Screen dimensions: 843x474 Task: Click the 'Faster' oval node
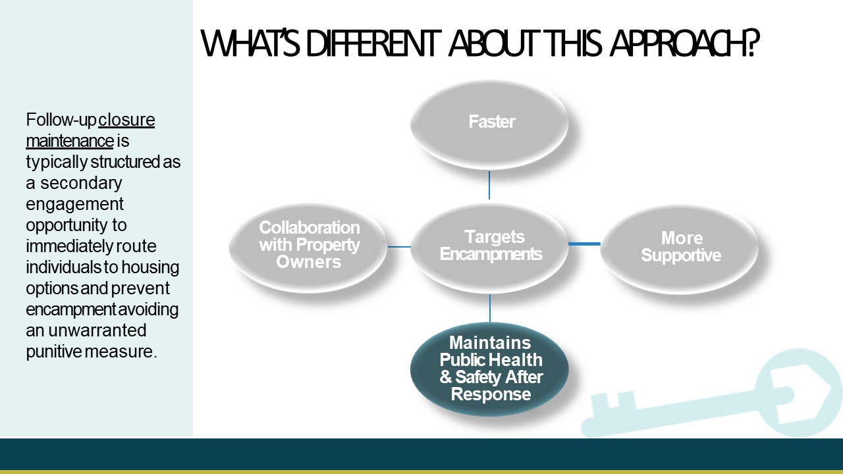pyautogui.click(x=489, y=125)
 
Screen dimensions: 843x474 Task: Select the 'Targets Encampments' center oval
pyautogui.click(x=489, y=248)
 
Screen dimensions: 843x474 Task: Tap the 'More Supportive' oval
pyautogui.click(x=680, y=249)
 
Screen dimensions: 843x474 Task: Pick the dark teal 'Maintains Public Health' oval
pyautogui.click(x=489, y=369)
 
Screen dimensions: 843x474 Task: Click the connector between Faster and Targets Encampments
pyautogui.click(x=489, y=185)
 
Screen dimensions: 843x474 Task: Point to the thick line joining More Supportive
pyautogui.click(x=584, y=244)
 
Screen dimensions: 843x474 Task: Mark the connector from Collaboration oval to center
pyautogui.click(x=399, y=247)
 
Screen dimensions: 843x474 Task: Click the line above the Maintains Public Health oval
pyautogui.click(x=489, y=308)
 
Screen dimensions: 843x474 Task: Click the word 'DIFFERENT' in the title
pyautogui.click(x=373, y=43)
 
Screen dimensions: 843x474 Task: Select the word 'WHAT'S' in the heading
pyautogui.click(x=250, y=43)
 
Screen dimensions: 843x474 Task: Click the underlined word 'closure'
pyautogui.click(x=126, y=120)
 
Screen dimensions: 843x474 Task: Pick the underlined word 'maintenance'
pyautogui.click(x=70, y=141)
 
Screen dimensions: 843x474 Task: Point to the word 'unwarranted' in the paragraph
pyautogui.click(x=97, y=330)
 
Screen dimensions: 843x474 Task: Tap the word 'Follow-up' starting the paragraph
pyautogui.click(x=61, y=120)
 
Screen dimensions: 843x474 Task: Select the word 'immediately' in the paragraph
pyautogui.click(x=69, y=247)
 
